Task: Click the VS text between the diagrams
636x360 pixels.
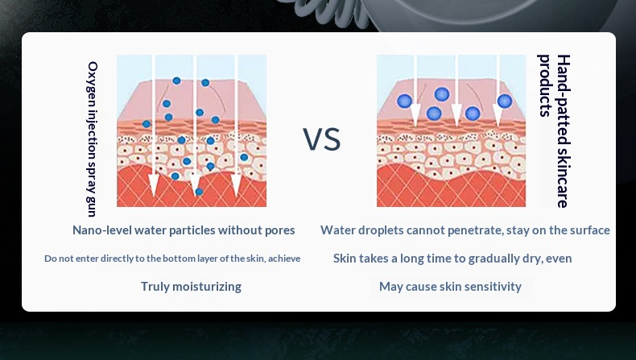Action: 322,139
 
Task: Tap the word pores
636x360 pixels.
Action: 280,231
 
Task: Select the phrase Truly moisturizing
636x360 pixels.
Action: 191,287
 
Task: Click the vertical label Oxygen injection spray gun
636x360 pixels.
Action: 93,139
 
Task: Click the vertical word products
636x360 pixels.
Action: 544,85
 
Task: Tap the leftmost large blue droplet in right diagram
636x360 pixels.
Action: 404,101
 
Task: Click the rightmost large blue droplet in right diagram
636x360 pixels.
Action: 505,101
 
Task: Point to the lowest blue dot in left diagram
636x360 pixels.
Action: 199,192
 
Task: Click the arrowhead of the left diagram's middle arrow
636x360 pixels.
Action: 195,184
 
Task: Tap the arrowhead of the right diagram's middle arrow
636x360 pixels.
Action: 456,115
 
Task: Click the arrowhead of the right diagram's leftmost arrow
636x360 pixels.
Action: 415,115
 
